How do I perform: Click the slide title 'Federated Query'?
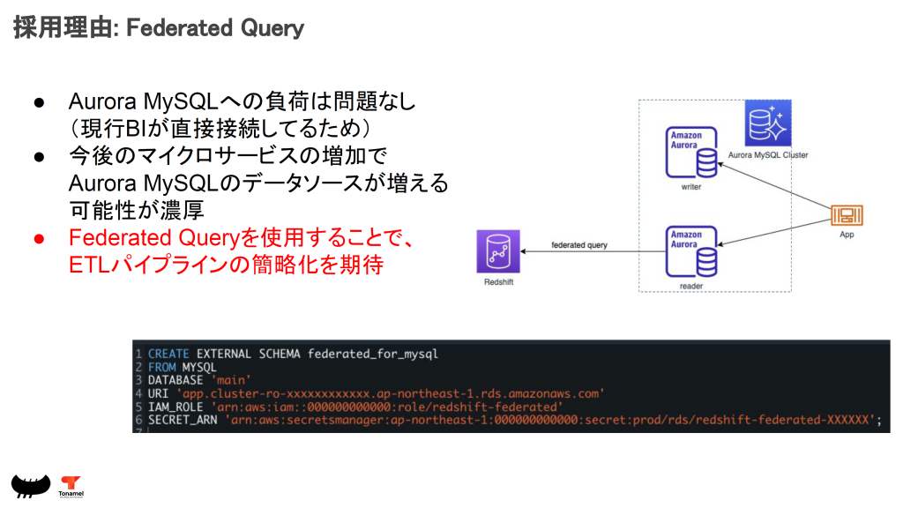pos(215,28)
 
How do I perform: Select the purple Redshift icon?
pos(497,252)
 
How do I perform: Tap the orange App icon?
pos(847,215)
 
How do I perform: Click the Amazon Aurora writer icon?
pos(692,155)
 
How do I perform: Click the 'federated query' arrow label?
pos(579,244)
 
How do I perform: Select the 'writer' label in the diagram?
pos(691,187)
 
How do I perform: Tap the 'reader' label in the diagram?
pos(690,286)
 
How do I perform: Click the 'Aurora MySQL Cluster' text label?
pos(768,155)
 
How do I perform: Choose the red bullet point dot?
pos(39,238)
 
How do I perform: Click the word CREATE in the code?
pos(168,354)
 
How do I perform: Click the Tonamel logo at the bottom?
pos(71,486)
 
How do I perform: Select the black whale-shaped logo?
pos(30,484)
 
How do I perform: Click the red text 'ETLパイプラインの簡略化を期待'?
pos(226,265)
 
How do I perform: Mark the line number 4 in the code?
pos(138,393)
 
